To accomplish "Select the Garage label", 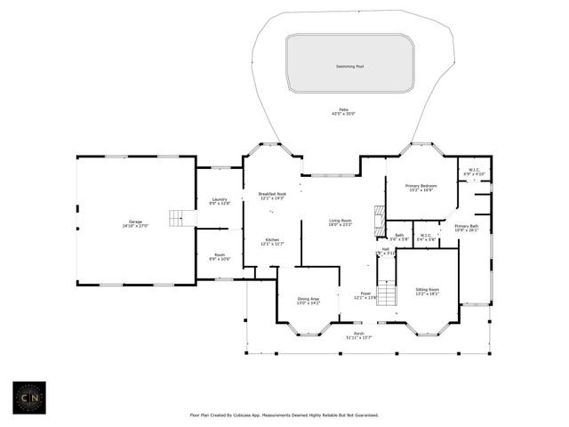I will [135, 222].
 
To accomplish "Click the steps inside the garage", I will [183, 218].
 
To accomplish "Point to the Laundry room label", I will [220, 199].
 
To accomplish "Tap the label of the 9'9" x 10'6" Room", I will [220, 255].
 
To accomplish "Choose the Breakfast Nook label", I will [272, 194].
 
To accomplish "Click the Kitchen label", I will [272, 238].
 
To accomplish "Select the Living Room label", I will [341, 221].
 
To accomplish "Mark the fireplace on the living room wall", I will [380, 219].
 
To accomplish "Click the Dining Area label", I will [308, 299].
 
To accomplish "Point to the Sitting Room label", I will [428, 289].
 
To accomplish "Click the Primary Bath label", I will [467, 226].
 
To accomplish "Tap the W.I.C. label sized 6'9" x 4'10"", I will [474, 170].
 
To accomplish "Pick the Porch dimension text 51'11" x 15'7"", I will [359, 337].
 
